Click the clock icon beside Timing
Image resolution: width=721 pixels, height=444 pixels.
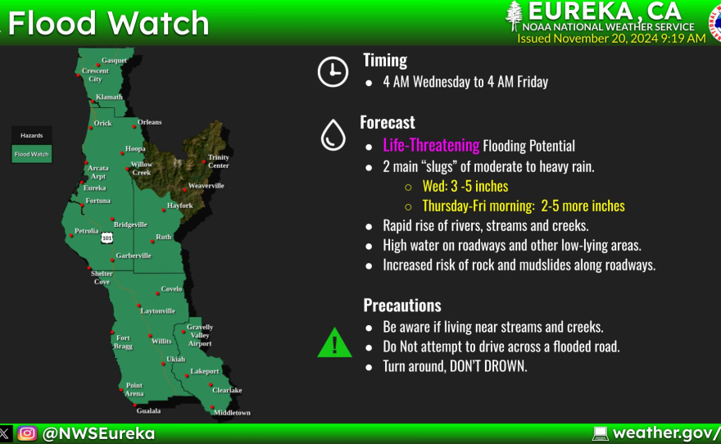[x=333, y=72]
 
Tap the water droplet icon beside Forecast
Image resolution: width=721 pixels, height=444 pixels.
[x=333, y=135]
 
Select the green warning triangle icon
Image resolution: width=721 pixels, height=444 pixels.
[x=335, y=342]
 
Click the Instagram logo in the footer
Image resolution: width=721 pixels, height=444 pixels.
[x=27, y=433]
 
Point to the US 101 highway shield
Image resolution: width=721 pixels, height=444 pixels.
[x=107, y=238]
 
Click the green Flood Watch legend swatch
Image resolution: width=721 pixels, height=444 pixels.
[x=31, y=154]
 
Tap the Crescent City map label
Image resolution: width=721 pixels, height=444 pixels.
[x=95, y=75]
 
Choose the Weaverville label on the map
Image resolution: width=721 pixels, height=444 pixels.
[x=206, y=186]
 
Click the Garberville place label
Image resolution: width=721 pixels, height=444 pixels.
[x=134, y=256]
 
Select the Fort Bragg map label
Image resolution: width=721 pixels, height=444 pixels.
[x=123, y=342]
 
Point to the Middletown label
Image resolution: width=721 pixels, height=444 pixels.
[x=232, y=413]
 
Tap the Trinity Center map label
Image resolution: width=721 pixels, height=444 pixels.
[x=219, y=161]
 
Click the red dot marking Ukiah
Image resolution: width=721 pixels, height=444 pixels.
[x=163, y=364]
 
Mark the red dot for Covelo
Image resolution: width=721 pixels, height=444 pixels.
[x=157, y=293]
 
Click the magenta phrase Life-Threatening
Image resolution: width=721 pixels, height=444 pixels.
[x=431, y=145]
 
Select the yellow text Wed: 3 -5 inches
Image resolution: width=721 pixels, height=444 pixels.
[x=465, y=186]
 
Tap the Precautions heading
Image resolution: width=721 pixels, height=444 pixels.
[x=402, y=306]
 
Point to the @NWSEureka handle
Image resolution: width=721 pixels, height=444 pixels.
[x=98, y=433]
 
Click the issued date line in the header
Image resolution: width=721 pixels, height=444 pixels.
[x=611, y=39]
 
